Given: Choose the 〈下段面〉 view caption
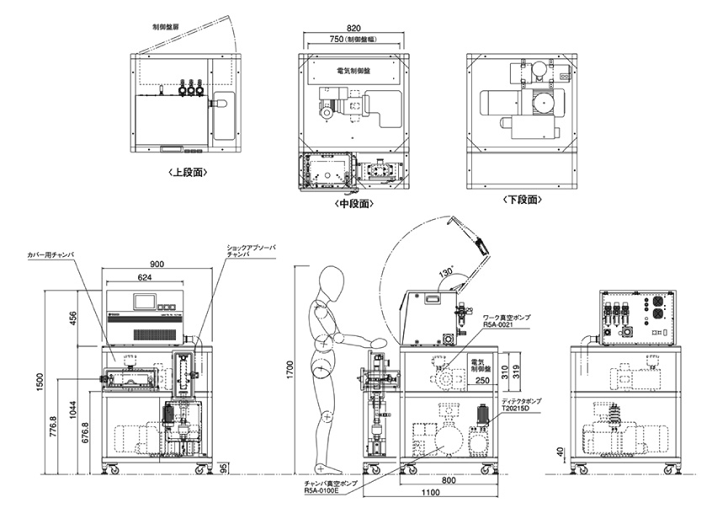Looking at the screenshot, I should click(x=522, y=200).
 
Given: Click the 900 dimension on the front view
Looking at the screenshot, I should click(x=156, y=264).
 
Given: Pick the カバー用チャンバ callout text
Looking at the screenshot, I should click(x=51, y=253).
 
